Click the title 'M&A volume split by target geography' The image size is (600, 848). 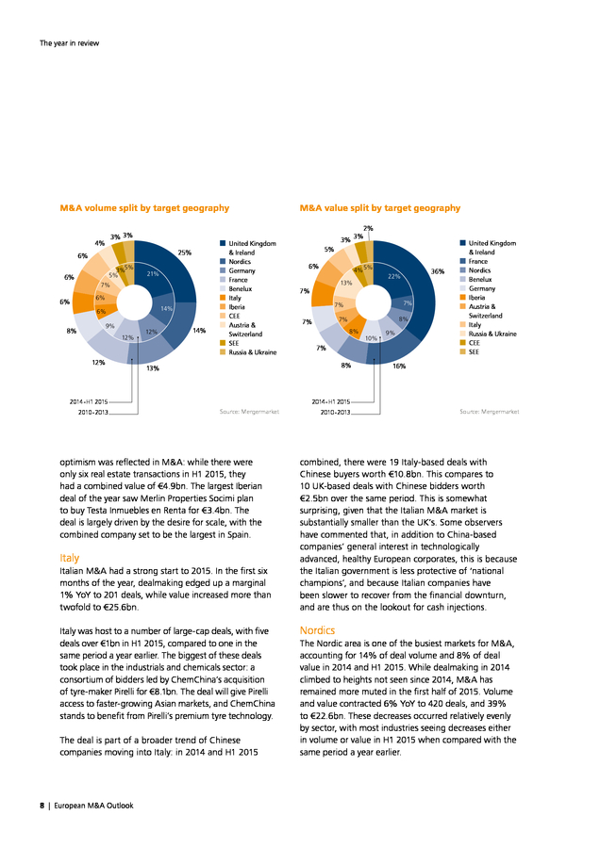(144, 208)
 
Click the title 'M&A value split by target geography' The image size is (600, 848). (380, 208)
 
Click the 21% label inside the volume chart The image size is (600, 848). (153, 273)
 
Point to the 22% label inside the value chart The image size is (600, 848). (393, 276)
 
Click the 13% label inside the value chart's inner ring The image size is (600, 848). (346, 283)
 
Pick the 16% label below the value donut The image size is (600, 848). (399, 367)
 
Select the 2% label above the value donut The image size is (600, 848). (368, 228)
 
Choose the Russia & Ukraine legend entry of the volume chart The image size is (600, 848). (248, 352)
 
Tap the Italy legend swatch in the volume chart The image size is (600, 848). (222, 298)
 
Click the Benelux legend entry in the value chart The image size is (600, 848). (476, 280)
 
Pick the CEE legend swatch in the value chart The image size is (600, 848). (462, 343)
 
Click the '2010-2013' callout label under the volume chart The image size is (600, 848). (93, 412)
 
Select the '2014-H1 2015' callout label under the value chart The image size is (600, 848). (331, 401)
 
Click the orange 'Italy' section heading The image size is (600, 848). (69, 558)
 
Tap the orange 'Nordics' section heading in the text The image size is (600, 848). (317, 630)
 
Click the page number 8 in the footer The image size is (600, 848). (42, 806)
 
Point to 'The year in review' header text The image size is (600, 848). (69, 43)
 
